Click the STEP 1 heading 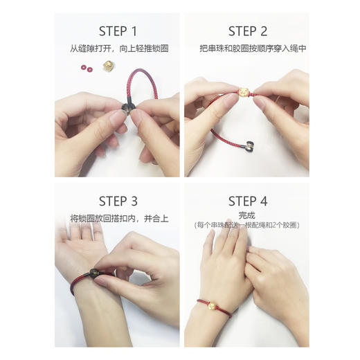click(118, 31)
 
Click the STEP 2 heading click(248, 31)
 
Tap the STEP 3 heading click(118, 201)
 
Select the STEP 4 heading click(248, 201)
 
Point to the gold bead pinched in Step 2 click(244, 93)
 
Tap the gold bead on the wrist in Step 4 click(212, 306)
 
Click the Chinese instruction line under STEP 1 click(119, 48)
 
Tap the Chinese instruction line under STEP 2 click(253, 48)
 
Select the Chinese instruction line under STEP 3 click(119, 218)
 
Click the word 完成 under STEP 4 click(246, 215)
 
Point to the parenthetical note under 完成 click(246, 225)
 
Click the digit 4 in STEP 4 click(264, 201)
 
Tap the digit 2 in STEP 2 click(264, 31)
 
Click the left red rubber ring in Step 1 click(84, 67)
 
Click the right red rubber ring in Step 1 click(89, 69)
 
